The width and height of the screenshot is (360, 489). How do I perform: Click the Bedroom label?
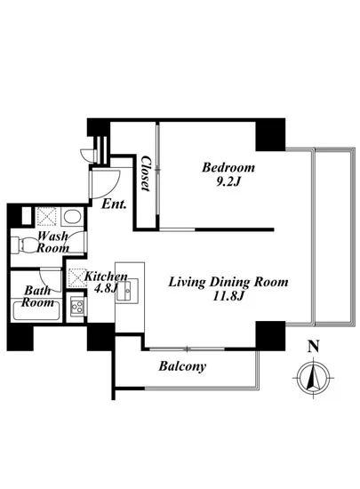coord(228,167)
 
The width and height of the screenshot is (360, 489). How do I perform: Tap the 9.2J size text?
coord(228,181)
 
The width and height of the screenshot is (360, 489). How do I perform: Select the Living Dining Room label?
coord(228,282)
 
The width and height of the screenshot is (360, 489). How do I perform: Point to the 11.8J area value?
coord(228,296)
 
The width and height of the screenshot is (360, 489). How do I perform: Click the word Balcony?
coord(182,366)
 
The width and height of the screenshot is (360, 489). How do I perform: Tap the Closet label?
coord(146,173)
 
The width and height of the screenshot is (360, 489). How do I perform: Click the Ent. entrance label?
coord(114,204)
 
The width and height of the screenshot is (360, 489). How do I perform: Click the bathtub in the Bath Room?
coord(36,309)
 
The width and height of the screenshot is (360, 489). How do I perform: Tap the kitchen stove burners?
coord(77,306)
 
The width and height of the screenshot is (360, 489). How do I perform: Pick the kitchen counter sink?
coord(127,290)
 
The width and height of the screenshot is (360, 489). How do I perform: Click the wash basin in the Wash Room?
coord(72,216)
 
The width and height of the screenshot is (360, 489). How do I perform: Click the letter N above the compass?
coord(314,347)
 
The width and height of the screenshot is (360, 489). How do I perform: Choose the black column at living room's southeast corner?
coord(270,335)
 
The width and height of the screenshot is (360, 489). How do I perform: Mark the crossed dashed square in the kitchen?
coord(77,277)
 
